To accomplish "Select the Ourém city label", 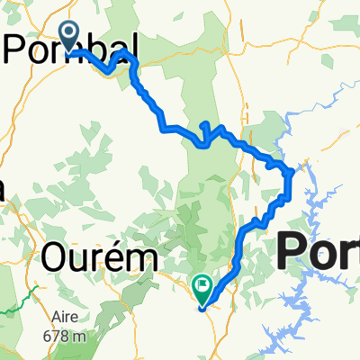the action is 98,258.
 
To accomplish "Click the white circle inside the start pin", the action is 69,32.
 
